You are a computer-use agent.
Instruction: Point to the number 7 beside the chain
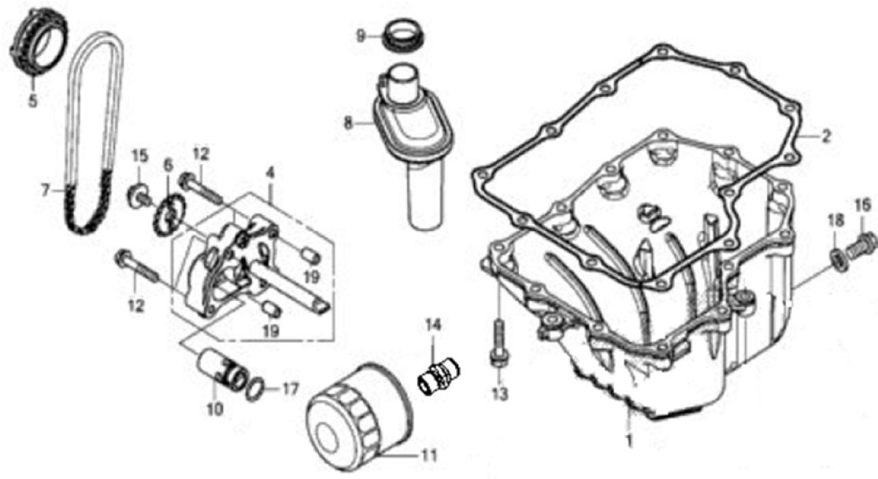point(46,190)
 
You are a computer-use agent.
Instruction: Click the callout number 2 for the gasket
point(826,136)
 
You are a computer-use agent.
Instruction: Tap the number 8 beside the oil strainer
point(347,123)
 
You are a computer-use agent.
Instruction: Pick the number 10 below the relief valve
point(215,409)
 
